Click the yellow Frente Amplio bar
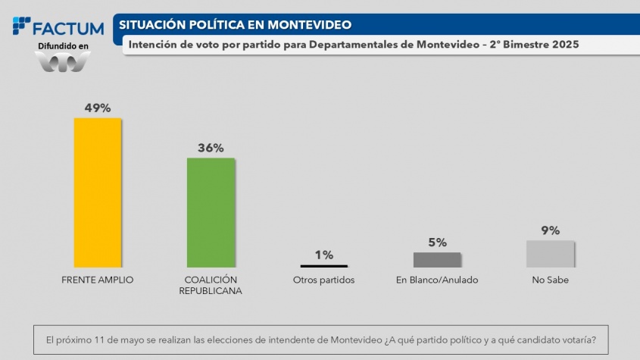tap(97, 192)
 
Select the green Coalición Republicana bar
tap(211, 212)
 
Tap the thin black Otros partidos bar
tap(323, 266)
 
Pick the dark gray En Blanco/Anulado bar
tap(437, 259)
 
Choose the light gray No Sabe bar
tap(550, 254)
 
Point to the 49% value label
tap(97, 108)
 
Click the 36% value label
tap(211, 148)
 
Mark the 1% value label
tap(323, 255)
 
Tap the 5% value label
tap(437, 243)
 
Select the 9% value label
tap(550, 230)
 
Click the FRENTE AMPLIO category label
tap(97, 280)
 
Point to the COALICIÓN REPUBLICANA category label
tap(211, 285)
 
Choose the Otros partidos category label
tap(323, 280)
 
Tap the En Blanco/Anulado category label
tap(437, 280)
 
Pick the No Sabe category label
tap(550, 280)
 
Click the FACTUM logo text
tap(68, 29)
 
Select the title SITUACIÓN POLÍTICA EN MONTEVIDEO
tap(235, 24)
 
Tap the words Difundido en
tap(63, 46)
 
